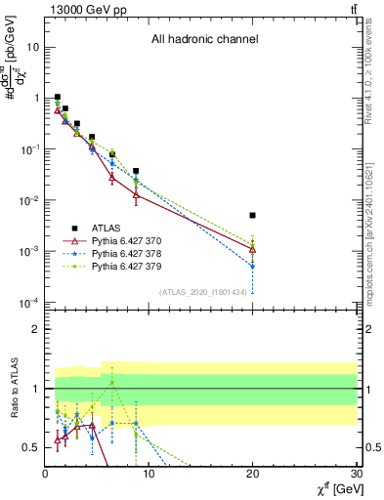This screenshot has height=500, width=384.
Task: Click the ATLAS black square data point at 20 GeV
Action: tap(253, 215)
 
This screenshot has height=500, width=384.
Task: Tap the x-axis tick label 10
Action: tap(149, 476)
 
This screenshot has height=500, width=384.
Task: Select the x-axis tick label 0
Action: tap(45, 476)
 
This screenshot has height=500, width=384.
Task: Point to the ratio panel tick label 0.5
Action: tap(31, 447)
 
